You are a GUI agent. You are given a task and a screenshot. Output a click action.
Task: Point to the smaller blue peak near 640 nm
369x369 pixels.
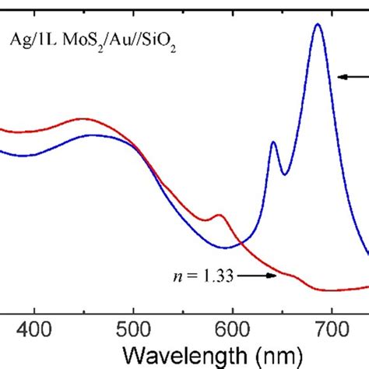pyautogui.click(x=273, y=142)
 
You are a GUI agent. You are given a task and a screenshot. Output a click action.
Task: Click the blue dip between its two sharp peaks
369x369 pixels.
pyautogui.click(x=284, y=174)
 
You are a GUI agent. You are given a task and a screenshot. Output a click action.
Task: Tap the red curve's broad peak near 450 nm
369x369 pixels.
pyautogui.click(x=84, y=119)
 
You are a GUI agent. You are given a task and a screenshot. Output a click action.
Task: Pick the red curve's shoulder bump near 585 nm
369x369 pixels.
pyautogui.click(x=220, y=216)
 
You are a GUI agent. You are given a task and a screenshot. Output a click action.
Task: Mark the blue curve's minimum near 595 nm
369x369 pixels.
pyautogui.click(x=227, y=248)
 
